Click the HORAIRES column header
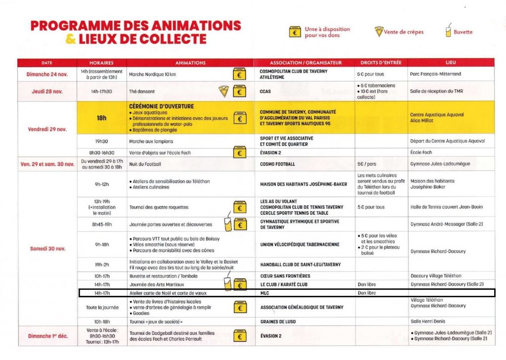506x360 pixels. (x=101, y=63)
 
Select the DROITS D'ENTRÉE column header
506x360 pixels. (x=380, y=63)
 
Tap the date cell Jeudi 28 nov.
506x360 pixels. (x=47, y=91)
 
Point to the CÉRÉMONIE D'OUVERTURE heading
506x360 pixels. (x=162, y=106)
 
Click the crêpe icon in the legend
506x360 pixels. (x=379, y=32)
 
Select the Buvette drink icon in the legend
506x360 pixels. (x=448, y=32)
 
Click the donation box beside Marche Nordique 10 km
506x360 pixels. (x=240, y=74)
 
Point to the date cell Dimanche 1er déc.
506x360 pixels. (x=47, y=336)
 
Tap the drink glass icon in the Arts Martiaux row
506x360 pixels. (x=227, y=283)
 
